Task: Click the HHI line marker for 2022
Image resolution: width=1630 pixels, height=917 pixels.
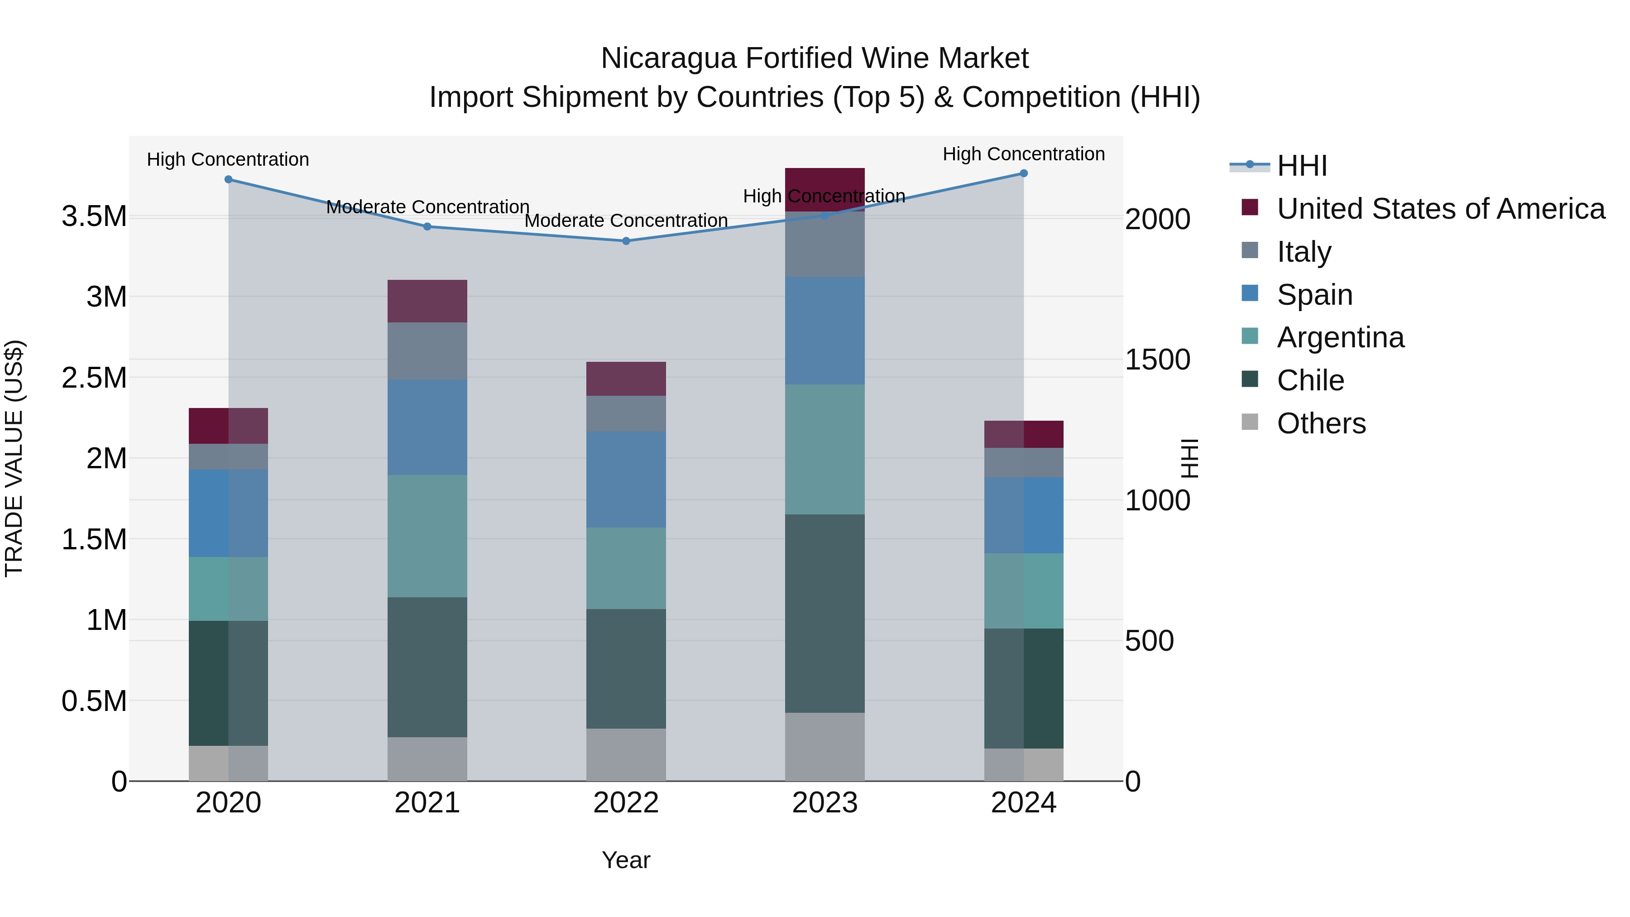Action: coord(626,241)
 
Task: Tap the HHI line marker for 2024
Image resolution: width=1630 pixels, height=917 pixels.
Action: coord(1023,173)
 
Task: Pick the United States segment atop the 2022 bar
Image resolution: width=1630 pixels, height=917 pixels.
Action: coord(626,379)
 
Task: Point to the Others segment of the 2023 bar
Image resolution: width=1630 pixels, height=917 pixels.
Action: coord(825,747)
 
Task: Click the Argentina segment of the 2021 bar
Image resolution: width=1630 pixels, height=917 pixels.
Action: coord(427,536)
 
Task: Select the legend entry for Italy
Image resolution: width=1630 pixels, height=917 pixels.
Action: coord(1304,252)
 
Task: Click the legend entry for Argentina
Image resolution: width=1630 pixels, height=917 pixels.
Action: coord(1340,337)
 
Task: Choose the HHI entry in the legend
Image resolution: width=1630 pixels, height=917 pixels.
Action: coord(1302,166)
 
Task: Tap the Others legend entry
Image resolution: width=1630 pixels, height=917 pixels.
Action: coord(1321,423)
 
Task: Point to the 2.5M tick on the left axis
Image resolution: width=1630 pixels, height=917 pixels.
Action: coord(94,378)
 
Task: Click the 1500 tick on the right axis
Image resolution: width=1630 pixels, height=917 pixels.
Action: coord(1157,360)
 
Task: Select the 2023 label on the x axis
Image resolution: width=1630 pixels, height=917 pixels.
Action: coord(825,803)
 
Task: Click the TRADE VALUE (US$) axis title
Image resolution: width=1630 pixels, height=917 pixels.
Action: coord(14,458)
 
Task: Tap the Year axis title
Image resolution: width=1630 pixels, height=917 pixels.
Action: coord(626,860)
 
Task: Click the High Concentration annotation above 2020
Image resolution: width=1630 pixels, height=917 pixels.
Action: coord(228,159)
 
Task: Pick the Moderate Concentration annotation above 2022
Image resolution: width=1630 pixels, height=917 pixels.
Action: coord(626,221)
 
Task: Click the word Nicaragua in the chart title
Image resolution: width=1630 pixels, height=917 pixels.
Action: coord(668,58)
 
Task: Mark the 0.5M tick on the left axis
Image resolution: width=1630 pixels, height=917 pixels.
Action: coord(94,701)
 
